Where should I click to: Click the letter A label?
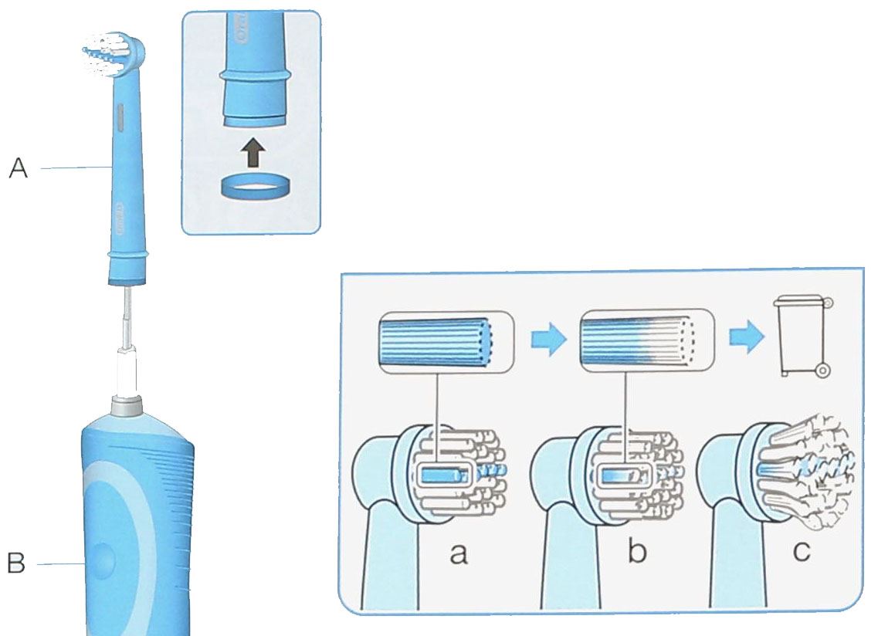18,167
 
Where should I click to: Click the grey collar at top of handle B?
127,406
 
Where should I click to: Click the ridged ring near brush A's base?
126,253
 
